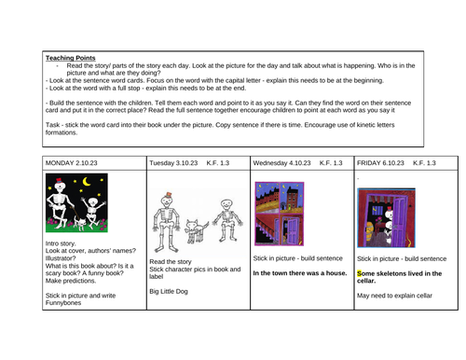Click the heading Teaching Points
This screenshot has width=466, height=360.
pos(71,58)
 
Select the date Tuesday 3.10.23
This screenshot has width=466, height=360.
pos(173,163)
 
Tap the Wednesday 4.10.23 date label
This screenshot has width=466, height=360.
pos(281,163)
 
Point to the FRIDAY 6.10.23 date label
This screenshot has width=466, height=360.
pos(380,163)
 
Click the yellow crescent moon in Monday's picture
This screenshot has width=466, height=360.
pos(87,181)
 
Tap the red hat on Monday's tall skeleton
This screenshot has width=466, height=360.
pos(59,181)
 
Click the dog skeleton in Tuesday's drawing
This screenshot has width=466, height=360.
pos(196,231)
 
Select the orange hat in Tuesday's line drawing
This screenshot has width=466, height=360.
pos(169,195)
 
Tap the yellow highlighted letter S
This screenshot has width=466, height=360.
pos(360,273)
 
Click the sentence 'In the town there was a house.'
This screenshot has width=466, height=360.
pos(300,273)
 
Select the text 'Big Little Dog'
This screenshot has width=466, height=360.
pos(169,292)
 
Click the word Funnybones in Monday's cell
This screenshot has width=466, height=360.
pos(63,303)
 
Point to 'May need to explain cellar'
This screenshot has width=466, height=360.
pos(394,296)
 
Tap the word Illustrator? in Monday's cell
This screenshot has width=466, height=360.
pos(61,258)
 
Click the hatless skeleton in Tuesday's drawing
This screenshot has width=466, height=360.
pos(227,221)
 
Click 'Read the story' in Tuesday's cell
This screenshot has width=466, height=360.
pos(171,262)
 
